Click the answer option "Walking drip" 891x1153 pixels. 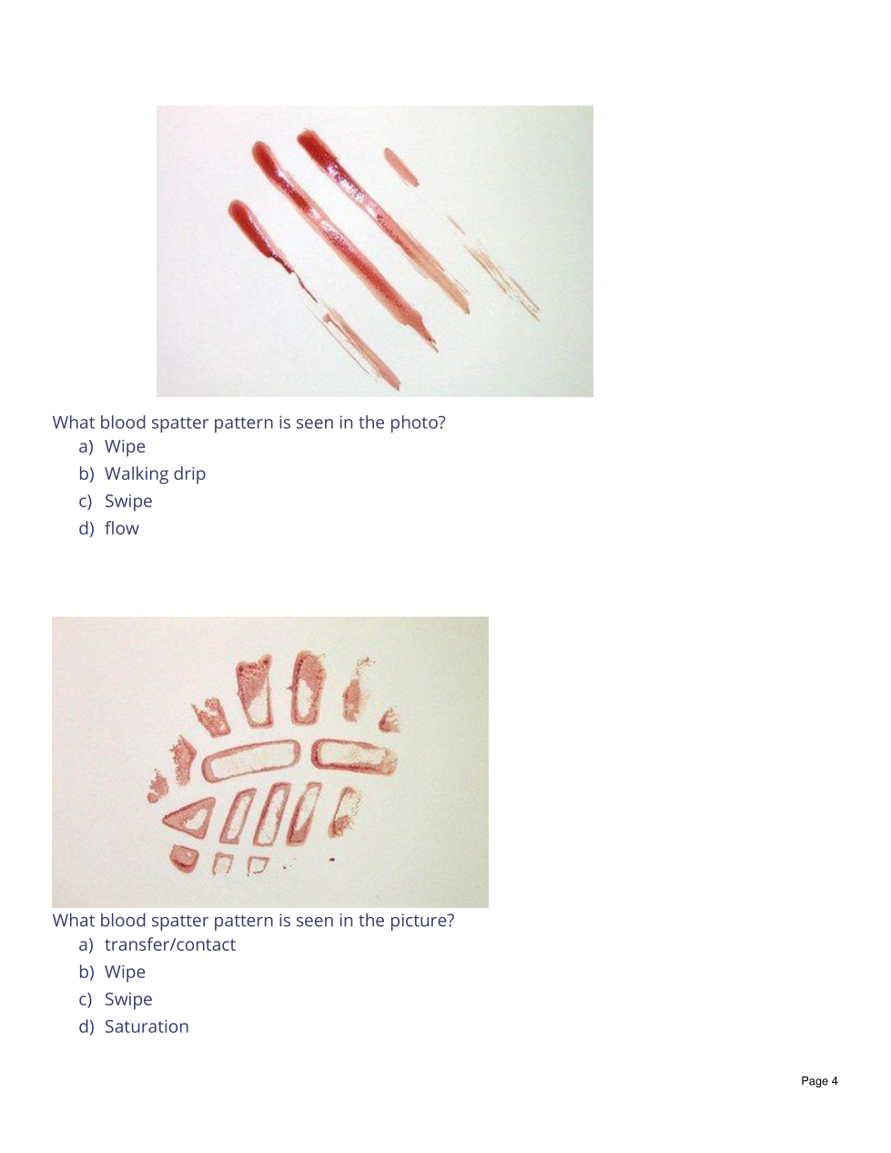click(x=155, y=474)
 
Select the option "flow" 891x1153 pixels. click(x=121, y=528)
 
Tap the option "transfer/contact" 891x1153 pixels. click(x=169, y=944)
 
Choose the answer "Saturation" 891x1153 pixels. click(x=147, y=1026)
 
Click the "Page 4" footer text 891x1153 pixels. click(x=819, y=1081)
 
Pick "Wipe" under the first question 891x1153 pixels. click(x=125, y=446)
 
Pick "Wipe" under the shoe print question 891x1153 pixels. click(x=125, y=972)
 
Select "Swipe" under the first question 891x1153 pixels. click(x=128, y=501)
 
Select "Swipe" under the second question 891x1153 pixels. click(x=128, y=999)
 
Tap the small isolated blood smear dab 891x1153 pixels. click(x=400, y=166)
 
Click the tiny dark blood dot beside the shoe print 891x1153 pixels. click(x=332, y=859)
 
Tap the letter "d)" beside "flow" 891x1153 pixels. click(x=86, y=528)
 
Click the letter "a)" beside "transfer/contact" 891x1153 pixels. click(x=86, y=945)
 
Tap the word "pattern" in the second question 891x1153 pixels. click(x=244, y=921)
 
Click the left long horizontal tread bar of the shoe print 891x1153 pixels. click(x=250, y=760)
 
